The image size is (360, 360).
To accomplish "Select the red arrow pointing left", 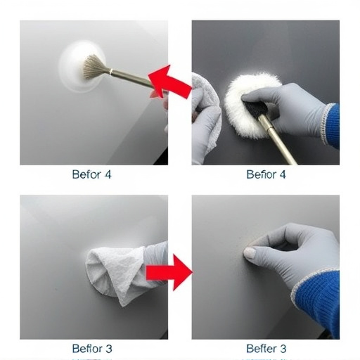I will pos(170,83).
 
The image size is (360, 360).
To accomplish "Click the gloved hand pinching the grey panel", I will pos(288,253).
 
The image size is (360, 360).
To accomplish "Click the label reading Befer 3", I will pos(266,348).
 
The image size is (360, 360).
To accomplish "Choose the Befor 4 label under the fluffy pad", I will pos(266,174).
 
